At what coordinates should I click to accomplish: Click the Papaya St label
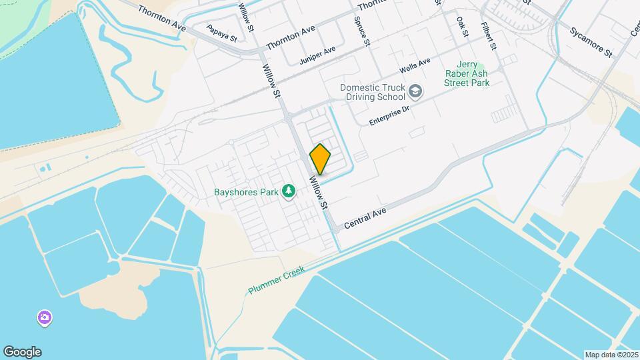pyautogui.click(x=222, y=33)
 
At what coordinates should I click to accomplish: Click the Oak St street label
pyautogui.click(x=462, y=27)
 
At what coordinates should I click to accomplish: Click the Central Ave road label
pyautogui.click(x=365, y=219)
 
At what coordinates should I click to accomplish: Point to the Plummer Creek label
pyautogui.click(x=276, y=280)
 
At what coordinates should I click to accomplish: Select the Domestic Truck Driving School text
pyautogui.click(x=372, y=92)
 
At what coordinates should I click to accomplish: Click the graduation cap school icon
pyautogui.click(x=415, y=91)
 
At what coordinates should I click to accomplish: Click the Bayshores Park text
pyautogui.click(x=245, y=192)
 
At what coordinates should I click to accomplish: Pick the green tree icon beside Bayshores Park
pyautogui.click(x=289, y=192)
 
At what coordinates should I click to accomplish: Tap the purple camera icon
pyautogui.click(x=45, y=318)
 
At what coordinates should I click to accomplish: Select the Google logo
pyautogui.click(x=22, y=352)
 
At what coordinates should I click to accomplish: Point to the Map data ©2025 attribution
pyautogui.click(x=611, y=355)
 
